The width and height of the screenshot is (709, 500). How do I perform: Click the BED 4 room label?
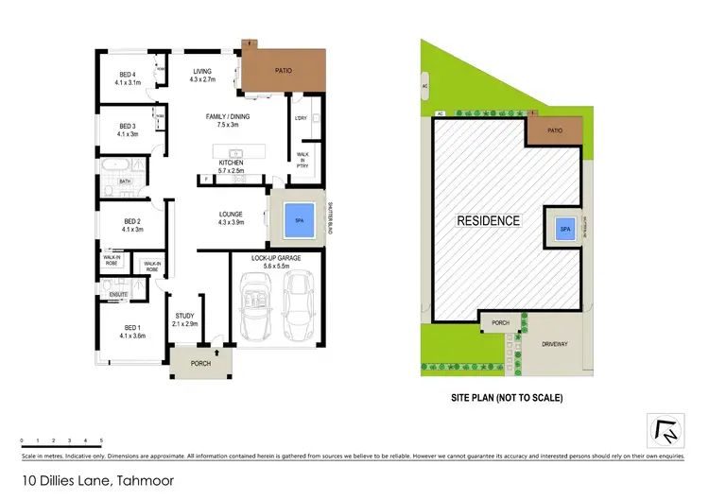click(129, 78)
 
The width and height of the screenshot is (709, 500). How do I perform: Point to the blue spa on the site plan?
click(565, 230)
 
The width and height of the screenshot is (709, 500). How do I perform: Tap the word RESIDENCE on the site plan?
click(490, 221)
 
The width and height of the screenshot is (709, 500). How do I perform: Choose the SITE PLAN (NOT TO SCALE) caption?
click(505, 398)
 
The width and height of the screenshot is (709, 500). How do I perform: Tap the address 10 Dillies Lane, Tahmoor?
click(88, 481)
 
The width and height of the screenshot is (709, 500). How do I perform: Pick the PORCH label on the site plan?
click(499, 323)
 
